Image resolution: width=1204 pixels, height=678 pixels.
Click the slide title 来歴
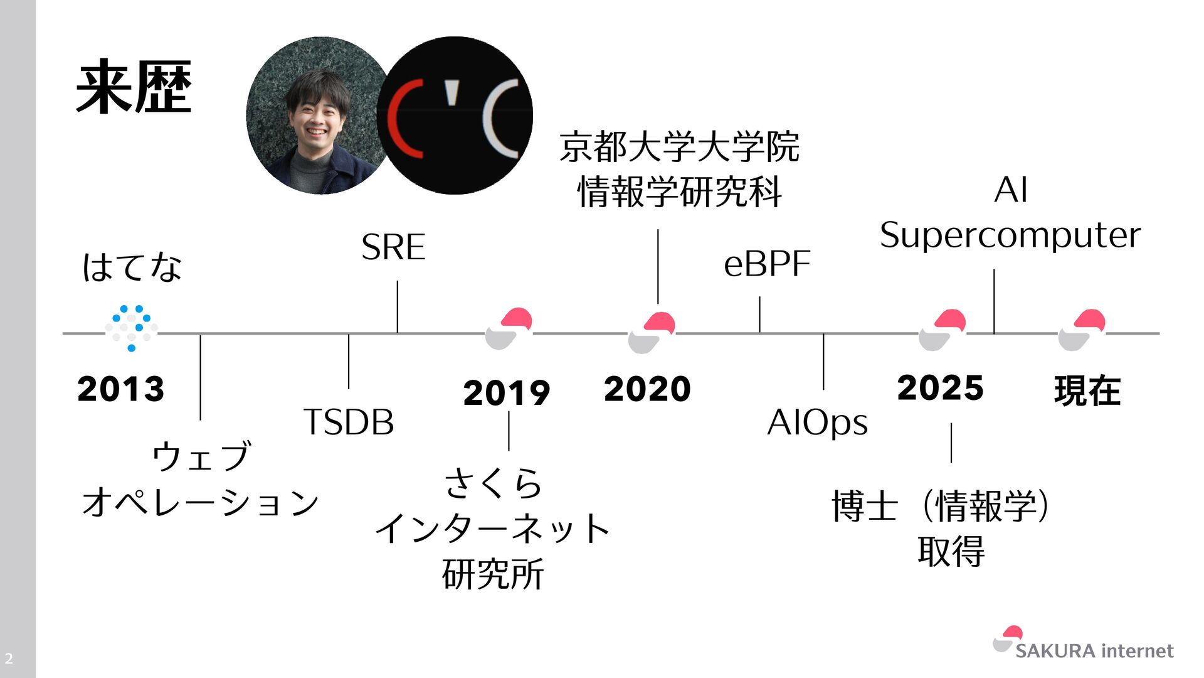(x=133, y=88)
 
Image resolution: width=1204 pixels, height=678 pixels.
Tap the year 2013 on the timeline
(x=120, y=389)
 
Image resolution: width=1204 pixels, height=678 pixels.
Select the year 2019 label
(x=506, y=393)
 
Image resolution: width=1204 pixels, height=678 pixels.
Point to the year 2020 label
(x=647, y=389)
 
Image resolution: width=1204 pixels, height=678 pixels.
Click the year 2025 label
(x=940, y=387)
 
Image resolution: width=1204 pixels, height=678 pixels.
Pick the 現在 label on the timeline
(x=1087, y=390)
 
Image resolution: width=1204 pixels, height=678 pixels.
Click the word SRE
(x=393, y=247)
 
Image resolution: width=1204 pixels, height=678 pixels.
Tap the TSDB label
(x=349, y=422)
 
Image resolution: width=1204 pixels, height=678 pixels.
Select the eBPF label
(x=766, y=264)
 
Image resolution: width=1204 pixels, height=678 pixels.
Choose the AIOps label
(x=817, y=422)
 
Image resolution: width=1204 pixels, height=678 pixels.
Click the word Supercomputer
(x=1010, y=236)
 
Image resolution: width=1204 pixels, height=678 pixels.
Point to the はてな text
(x=132, y=267)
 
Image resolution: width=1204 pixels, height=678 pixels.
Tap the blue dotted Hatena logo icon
(x=132, y=328)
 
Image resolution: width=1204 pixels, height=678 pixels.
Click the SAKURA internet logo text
(x=1094, y=651)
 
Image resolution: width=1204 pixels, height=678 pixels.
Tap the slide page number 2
(x=9, y=659)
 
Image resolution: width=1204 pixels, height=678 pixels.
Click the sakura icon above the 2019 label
(x=509, y=328)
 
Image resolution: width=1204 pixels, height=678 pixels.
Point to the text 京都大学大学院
(x=679, y=147)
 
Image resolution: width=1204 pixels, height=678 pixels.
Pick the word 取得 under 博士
(x=951, y=551)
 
